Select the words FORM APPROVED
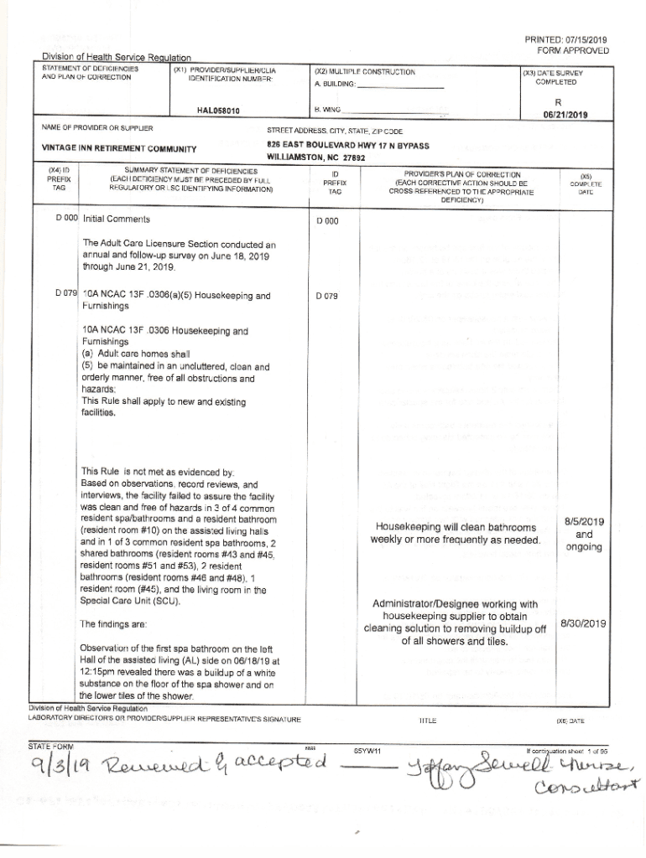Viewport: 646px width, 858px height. (x=573, y=50)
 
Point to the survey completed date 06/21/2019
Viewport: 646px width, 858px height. (x=565, y=115)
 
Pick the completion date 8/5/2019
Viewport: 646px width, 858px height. (x=584, y=522)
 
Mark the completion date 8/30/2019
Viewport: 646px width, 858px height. (x=583, y=623)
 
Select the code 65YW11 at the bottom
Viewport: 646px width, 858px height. (x=367, y=750)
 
